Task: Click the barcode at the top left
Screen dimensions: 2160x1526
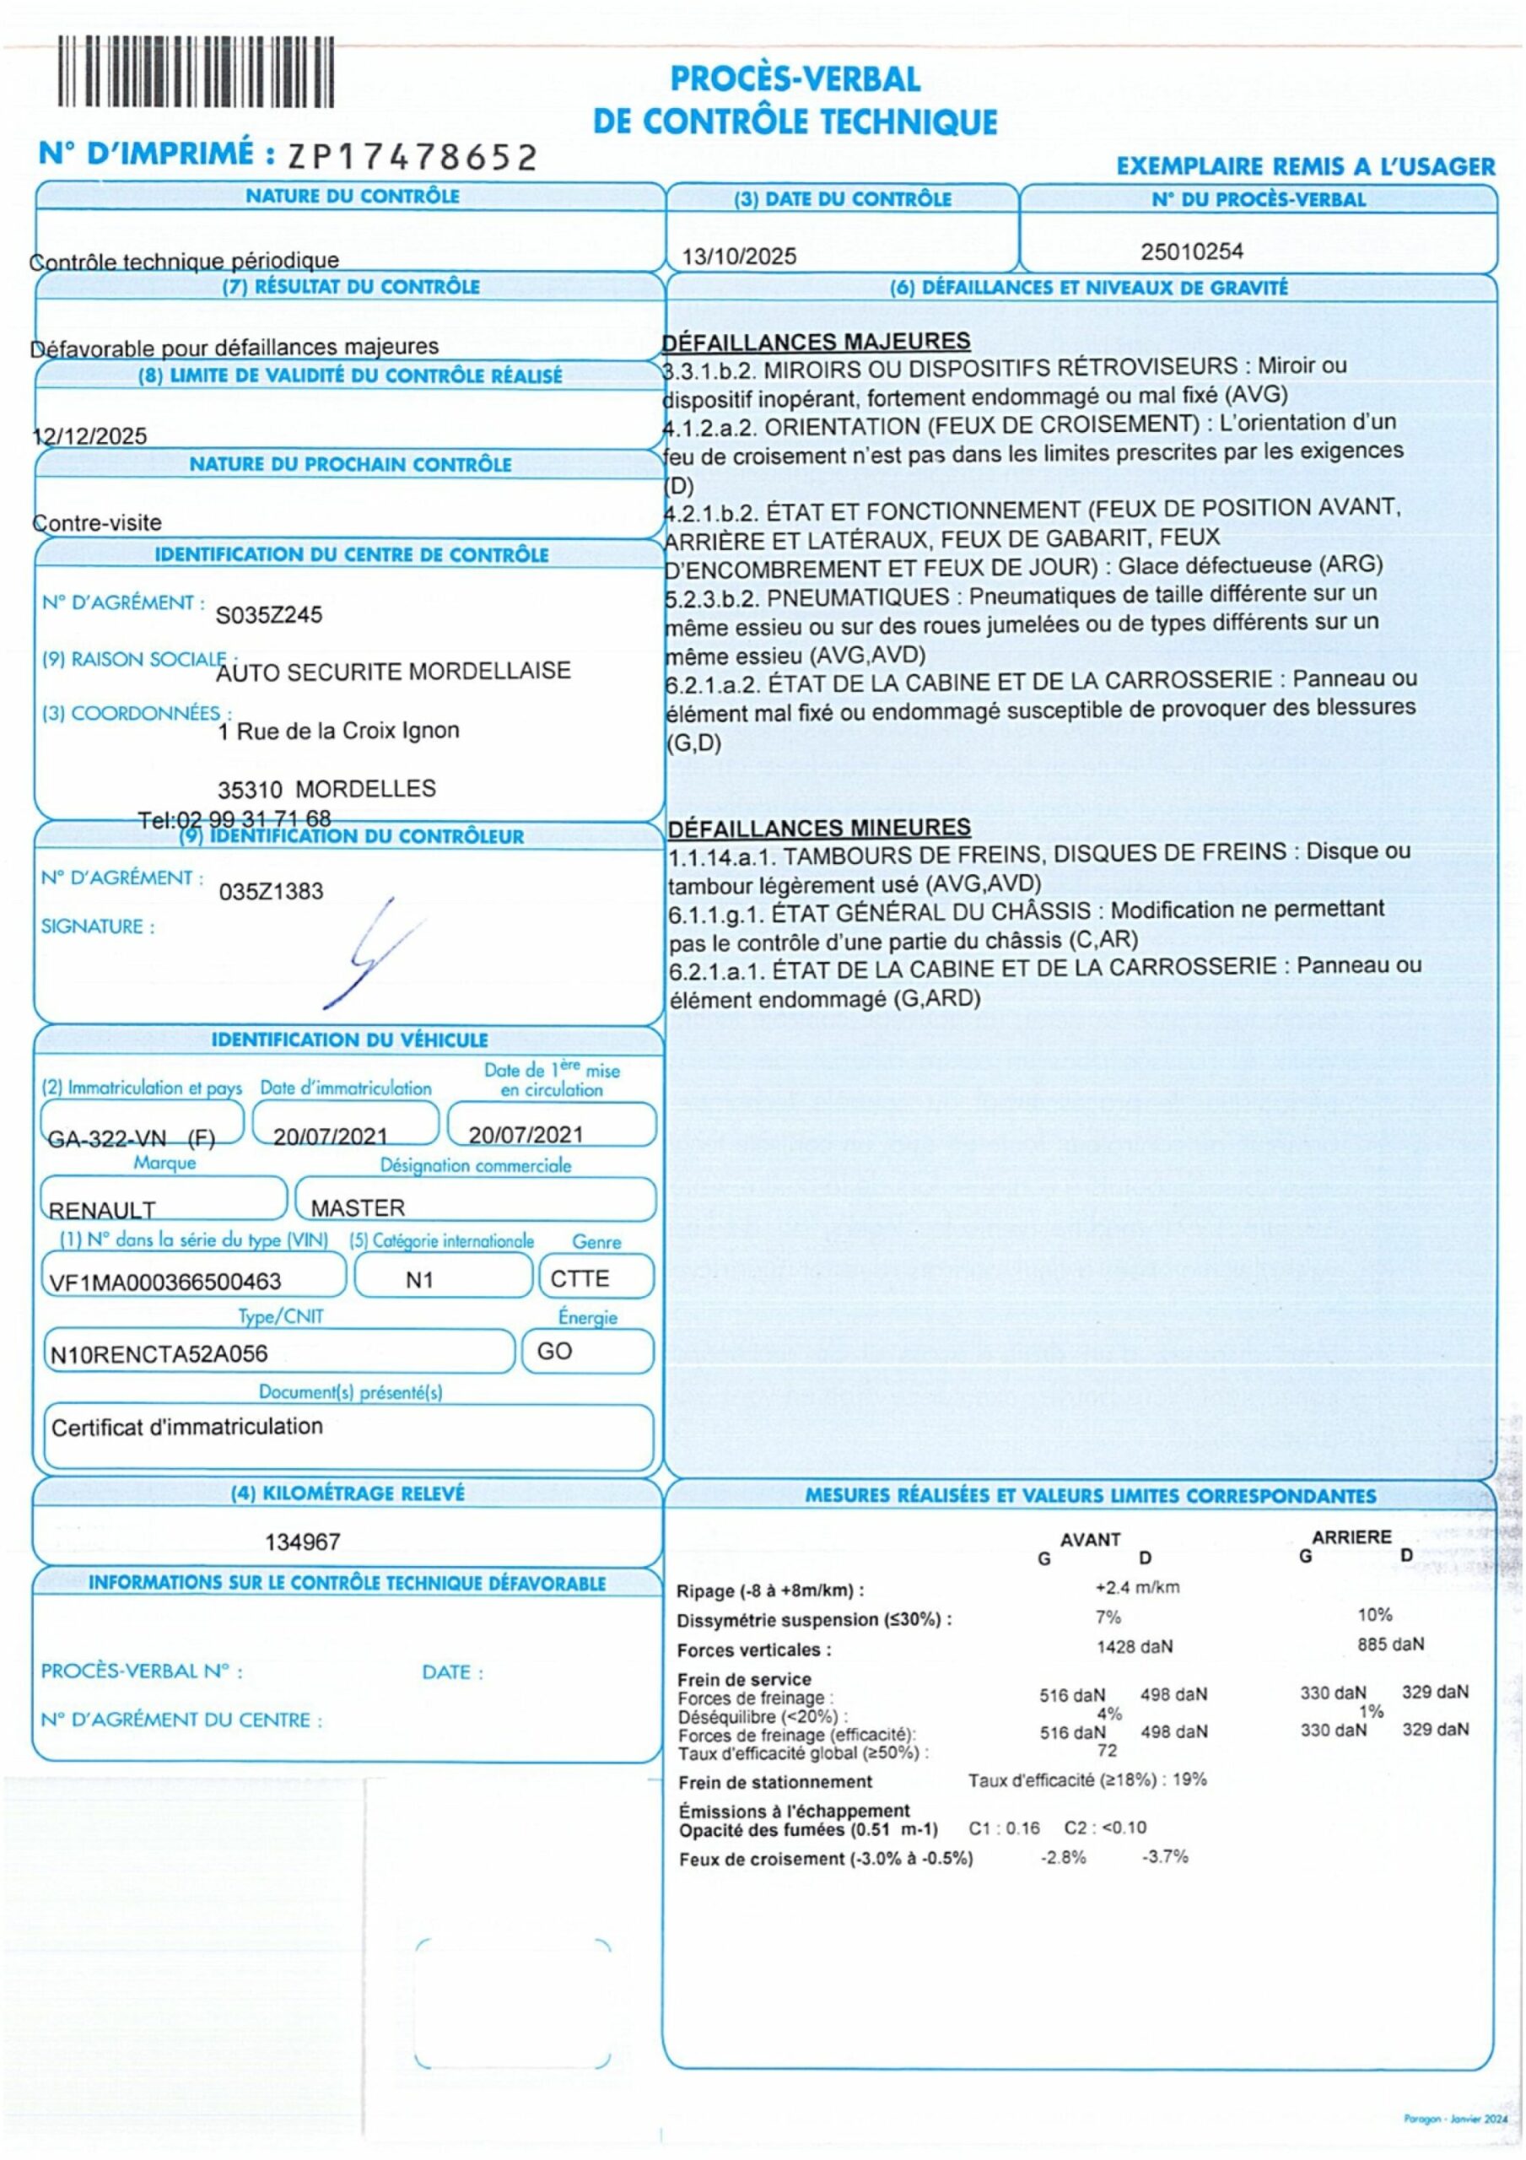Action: (x=196, y=71)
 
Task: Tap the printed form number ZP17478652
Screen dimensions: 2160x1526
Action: (x=412, y=157)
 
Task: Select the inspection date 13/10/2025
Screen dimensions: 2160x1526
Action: (x=739, y=256)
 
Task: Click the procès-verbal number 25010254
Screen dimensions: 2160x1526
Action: (x=1192, y=251)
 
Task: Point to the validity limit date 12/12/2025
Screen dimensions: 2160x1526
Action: (x=90, y=435)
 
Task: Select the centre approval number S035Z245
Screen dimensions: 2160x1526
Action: (x=269, y=614)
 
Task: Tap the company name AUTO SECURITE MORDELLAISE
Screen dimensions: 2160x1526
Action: (x=393, y=672)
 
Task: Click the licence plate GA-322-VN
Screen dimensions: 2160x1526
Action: (x=106, y=1139)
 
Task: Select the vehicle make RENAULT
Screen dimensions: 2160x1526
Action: (x=101, y=1210)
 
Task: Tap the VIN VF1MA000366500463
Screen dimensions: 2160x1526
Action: (x=164, y=1282)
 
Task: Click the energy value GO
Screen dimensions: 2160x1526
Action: (x=554, y=1351)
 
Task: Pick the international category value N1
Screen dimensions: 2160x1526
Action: (x=419, y=1280)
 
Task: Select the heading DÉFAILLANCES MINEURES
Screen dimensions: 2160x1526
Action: (x=818, y=828)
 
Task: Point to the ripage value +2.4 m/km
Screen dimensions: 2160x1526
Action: (x=1136, y=1587)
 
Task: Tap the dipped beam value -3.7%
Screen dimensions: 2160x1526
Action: (x=1165, y=1856)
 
